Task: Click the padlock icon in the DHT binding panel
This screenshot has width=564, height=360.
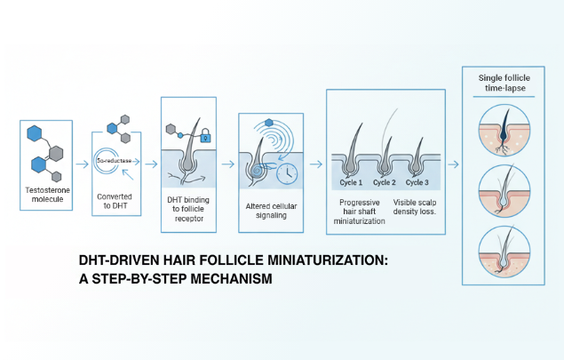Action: point(205,135)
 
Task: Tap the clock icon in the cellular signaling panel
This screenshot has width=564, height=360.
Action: point(287,173)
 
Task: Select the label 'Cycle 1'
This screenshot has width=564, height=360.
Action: point(351,182)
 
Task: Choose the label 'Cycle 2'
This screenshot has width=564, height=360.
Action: point(385,182)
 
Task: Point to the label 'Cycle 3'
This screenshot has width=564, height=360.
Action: point(417,182)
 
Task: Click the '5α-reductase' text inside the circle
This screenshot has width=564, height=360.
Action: point(115,161)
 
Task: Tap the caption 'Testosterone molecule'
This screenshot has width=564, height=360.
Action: point(47,195)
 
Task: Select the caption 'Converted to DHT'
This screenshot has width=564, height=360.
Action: point(115,201)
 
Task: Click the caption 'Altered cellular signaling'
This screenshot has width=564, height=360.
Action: point(271,211)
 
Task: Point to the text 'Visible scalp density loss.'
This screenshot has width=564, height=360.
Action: point(415,207)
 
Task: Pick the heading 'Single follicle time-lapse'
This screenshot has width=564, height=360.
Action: point(504,84)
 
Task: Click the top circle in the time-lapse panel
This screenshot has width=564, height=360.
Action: point(504,131)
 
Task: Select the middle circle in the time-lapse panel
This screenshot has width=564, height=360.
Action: point(504,191)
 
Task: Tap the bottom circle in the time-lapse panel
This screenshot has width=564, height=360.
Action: point(504,252)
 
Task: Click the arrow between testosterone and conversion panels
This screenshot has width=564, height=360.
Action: point(82,164)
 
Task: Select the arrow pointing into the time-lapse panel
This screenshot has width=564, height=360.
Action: point(453,164)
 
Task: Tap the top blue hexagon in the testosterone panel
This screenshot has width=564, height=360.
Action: point(35,133)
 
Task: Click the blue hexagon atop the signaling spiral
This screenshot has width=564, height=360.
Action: point(269,123)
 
